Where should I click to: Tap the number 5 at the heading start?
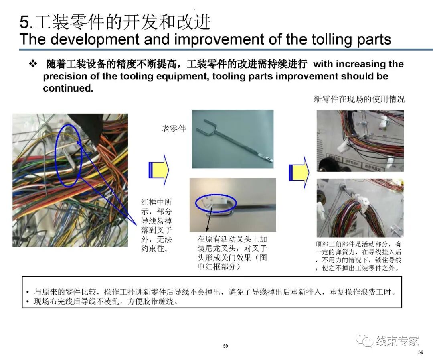(x=24, y=22)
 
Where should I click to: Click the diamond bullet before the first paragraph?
(x=33, y=64)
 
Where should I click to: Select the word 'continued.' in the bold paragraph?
(x=68, y=88)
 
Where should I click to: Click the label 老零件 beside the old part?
(x=174, y=129)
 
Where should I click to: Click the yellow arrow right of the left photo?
(x=159, y=169)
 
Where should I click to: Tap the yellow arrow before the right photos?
(x=299, y=173)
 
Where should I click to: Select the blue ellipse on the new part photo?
(x=216, y=203)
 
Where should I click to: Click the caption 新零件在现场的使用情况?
(x=359, y=99)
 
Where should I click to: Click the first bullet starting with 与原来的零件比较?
(x=212, y=292)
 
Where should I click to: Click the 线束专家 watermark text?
(x=398, y=341)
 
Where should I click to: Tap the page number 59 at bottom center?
(x=225, y=346)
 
